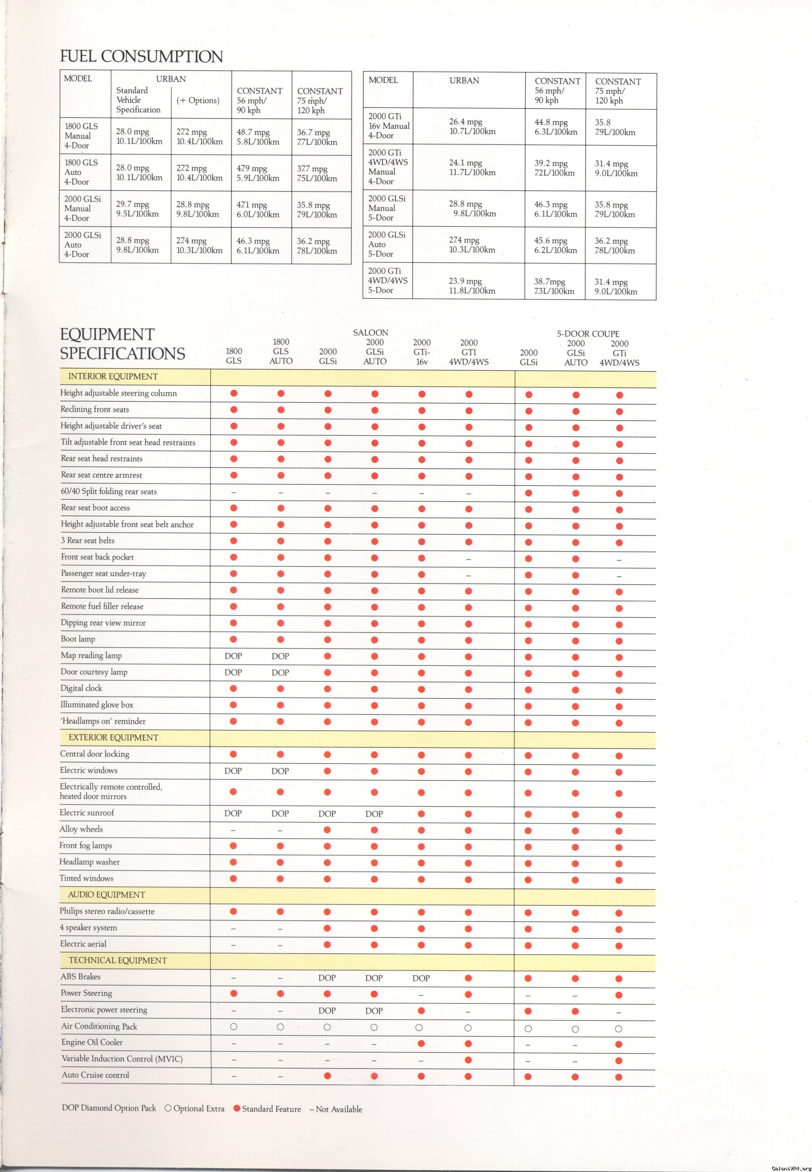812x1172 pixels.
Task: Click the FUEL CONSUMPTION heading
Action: point(141,56)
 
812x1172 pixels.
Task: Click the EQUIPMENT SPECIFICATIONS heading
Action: point(122,344)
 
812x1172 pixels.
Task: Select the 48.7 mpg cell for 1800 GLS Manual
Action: point(258,137)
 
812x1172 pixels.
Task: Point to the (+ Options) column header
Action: point(198,100)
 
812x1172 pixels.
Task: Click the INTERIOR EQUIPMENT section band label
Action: point(113,377)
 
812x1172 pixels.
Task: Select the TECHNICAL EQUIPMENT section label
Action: point(118,960)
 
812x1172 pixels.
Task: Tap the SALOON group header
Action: point(370,332)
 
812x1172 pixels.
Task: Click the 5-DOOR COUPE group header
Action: point(588,334)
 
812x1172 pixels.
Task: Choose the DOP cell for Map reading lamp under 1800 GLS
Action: point(233,656)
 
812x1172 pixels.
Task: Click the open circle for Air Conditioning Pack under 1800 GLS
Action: point(233,1027)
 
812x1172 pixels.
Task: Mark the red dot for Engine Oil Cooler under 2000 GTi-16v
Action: point(421,1043)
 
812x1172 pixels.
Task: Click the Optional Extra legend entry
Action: point(194,1109)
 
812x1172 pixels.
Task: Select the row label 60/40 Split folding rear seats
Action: point(109,491)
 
